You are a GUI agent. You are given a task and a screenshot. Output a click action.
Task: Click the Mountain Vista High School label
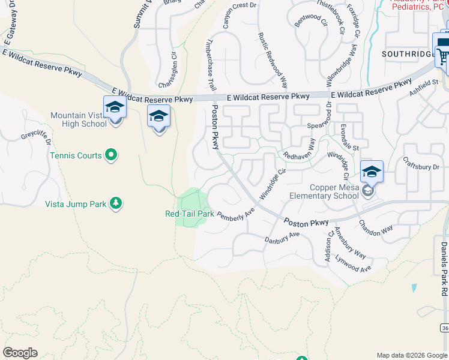point(79,119)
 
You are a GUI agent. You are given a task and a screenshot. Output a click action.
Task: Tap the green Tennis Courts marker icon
point(110,155)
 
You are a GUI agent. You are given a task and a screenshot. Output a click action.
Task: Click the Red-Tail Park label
point(190,214)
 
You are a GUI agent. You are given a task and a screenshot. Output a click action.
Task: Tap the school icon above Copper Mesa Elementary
point(372,172)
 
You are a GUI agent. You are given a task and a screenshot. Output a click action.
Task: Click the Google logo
point(20,353)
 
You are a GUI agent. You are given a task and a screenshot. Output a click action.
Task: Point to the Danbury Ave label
point(282,238)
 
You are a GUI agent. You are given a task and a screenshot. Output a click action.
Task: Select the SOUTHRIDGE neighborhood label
point(408,54)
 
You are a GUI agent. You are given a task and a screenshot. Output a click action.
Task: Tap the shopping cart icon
point(443,56)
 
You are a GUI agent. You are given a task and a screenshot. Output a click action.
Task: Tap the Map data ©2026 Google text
point(411,355)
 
